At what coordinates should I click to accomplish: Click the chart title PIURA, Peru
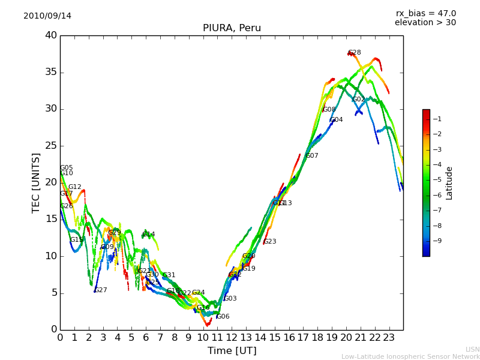tap(232, 28)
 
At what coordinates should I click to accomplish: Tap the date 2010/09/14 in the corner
tap(47, 16)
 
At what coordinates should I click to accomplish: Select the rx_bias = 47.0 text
tap(425, 14)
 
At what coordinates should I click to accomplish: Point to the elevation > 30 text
tap(425, 23)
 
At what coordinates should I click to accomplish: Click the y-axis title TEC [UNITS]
tap(36, 182)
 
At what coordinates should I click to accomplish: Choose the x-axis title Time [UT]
tap(232, 351)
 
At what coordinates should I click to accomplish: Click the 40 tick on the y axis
tap(51, 35)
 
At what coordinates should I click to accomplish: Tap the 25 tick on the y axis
tap(51, 146)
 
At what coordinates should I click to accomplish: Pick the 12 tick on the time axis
tap(232, 337)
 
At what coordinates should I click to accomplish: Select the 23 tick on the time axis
tap(389, 337)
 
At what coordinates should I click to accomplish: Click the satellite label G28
tap(354, 53)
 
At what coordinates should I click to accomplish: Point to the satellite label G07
tap(311, 156)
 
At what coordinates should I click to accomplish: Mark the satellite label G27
tap(101, 290)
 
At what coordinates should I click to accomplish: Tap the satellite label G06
tap(223, 317)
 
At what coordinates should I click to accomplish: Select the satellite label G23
tap(270, 242)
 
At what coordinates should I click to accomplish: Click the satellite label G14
tap(149, 235)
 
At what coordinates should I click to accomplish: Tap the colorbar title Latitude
tap(449, 183)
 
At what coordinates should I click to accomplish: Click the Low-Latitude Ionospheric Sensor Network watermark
tap(410, 356)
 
